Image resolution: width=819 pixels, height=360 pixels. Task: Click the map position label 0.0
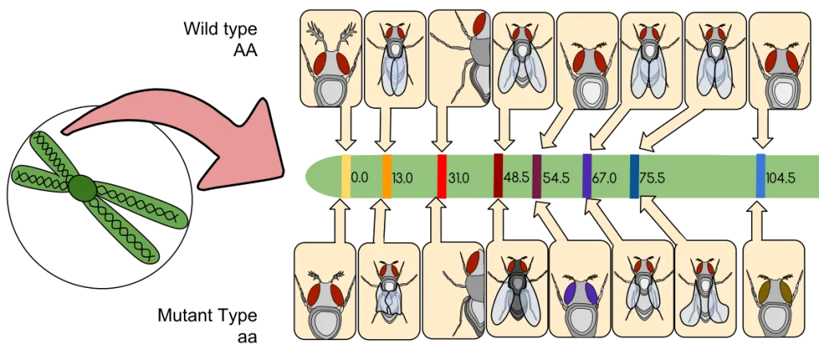pyautogui.click(x=359, y=178)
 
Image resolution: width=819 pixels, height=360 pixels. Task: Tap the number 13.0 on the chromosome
pyautogui.click(x=402, y=178)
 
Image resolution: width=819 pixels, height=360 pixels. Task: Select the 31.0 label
pyautogui.click(x=458, y=178)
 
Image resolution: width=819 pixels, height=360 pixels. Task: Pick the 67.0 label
pyautogui.click(x=604, y=178)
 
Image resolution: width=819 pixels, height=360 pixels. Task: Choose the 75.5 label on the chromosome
pyautogui.click(x=653, y=178)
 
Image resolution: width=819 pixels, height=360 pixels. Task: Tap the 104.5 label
pyautogui.click(x=781, y=178)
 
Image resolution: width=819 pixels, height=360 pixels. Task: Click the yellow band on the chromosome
pyautogui.click(x=346, y=176)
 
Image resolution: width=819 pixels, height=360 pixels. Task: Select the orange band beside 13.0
pyautogui.click(x=387, y=176)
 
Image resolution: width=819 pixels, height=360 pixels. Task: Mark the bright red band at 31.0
pyautogui.click(x=441, y=176)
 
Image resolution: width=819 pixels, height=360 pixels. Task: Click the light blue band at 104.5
pyautogui.click(x=761, y=175)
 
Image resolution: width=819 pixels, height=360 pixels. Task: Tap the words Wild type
pyautogui.click(x=220, y=29)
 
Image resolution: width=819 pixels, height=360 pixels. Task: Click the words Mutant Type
pyautogui.click(x=208, y=315)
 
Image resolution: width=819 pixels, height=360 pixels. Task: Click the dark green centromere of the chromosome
pyautogui.click(x=82, y=188)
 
